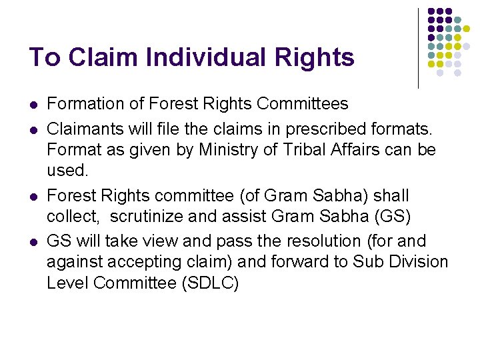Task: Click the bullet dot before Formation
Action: coord(33,105)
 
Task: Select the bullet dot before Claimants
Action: coord(33,127)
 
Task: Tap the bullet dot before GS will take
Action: coord(33,241)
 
